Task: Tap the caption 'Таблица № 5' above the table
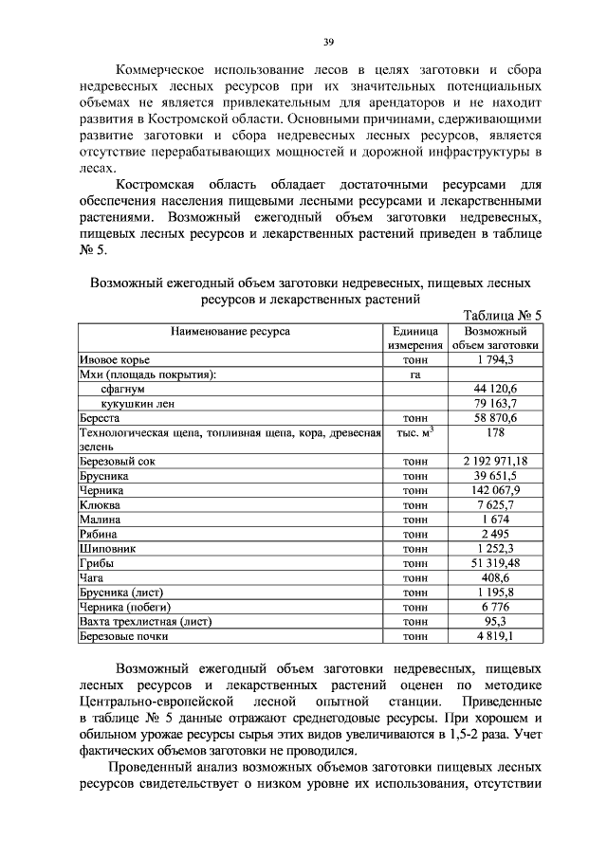tap(502, 316)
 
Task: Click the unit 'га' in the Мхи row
tap(414, 374)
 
